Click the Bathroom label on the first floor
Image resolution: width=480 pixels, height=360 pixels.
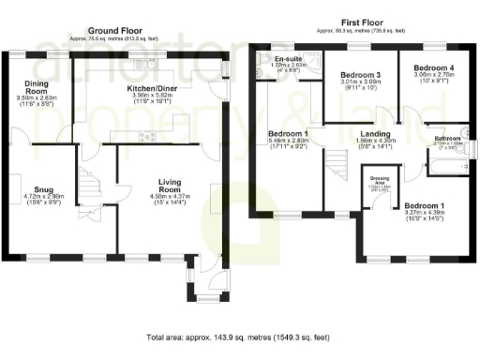point(446,139)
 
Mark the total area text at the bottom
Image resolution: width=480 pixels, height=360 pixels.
point(240,337)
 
